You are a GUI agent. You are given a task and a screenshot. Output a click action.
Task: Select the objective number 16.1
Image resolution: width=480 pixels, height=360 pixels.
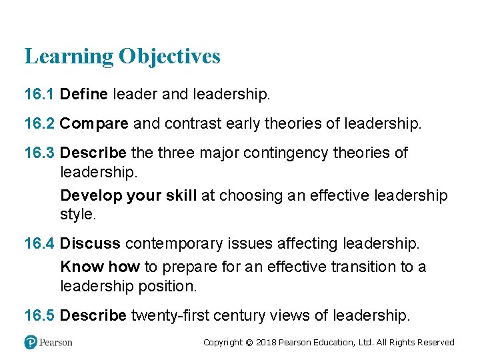39,95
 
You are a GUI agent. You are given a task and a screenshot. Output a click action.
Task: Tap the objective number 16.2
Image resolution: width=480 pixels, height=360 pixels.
39,123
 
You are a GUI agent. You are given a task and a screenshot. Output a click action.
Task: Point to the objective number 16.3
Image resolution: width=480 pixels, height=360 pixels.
39,153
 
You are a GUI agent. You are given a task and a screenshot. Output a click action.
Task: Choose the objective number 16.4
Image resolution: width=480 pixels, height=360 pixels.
39,243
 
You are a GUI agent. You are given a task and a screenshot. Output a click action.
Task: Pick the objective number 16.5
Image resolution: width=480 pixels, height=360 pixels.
39,315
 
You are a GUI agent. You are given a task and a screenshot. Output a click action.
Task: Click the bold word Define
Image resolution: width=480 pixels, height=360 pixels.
83,95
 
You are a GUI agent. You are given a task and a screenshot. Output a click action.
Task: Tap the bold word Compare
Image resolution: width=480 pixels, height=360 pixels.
94,123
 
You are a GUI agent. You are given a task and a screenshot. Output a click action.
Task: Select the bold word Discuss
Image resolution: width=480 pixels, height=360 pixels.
90,243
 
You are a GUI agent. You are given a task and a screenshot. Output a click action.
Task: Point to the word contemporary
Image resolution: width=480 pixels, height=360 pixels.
171,243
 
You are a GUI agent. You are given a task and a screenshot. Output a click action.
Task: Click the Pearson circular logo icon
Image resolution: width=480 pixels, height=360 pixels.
31,342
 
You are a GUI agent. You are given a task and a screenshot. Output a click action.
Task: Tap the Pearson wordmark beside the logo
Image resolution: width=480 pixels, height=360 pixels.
56,342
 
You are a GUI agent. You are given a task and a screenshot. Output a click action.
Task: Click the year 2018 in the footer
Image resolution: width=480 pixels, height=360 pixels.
265,343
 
